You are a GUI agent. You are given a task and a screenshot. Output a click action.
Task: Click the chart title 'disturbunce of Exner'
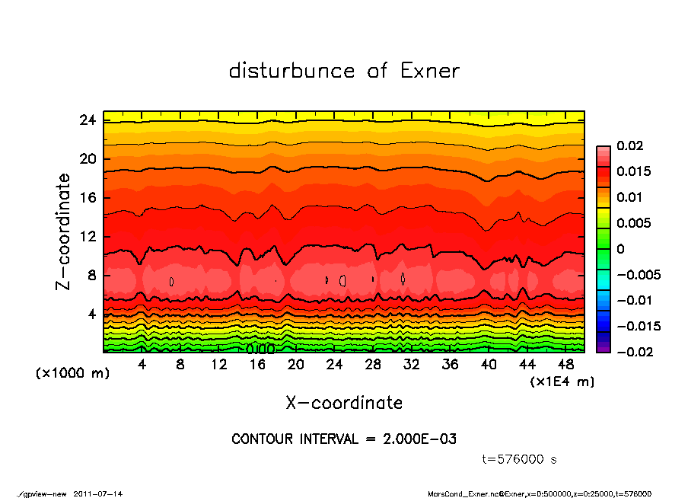click(344, 71)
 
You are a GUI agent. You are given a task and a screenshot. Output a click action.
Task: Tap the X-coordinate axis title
click(344, 402)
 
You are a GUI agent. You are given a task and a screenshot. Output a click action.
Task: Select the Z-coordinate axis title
click(64, 231)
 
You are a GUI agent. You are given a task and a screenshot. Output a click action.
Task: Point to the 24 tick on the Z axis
click(87, 120)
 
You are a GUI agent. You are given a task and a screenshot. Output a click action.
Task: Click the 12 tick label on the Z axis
click(87, 237)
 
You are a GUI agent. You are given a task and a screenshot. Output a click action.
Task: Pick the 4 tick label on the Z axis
click(91, 314)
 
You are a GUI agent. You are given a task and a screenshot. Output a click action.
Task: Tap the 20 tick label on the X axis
click(296, 365)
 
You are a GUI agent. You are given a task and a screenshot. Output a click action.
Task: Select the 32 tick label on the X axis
click(412, 365)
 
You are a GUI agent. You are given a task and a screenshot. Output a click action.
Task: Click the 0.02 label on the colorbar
click(631, 145)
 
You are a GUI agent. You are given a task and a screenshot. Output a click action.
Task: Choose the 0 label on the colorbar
click(621, 249)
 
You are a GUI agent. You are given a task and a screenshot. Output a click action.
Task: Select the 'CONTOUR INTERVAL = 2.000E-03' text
click(344, 439)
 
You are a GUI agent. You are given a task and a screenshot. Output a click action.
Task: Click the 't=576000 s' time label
click(521, 459)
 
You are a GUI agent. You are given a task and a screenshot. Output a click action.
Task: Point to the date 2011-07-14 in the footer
click(98, 493)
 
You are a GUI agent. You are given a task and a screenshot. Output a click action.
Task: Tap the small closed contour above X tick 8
click(172, 281)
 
